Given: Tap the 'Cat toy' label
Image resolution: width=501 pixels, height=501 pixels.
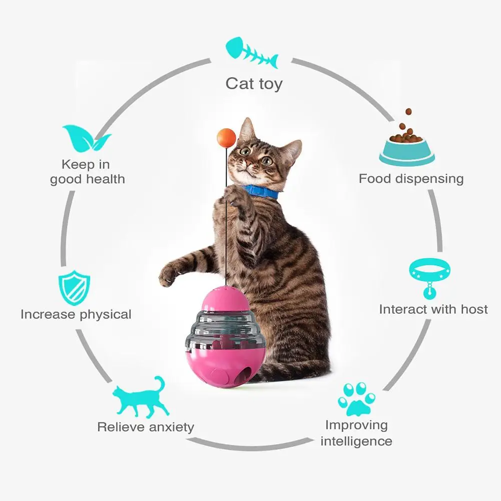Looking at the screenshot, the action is pos(254,84).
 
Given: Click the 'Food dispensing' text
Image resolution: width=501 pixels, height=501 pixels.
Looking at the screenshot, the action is pos(411,179).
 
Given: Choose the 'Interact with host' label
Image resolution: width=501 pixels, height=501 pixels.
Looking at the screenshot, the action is pos(433,309).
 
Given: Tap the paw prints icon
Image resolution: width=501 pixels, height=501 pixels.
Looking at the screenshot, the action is pos(356,399).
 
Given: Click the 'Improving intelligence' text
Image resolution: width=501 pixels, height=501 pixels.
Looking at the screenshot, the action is pos(356,433).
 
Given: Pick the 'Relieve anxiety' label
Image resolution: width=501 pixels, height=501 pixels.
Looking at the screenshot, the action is pos(146,427).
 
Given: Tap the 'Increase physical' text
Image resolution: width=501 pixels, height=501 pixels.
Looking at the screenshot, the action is pos(76,314).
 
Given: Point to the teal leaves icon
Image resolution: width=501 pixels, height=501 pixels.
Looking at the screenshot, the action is pos(86,139).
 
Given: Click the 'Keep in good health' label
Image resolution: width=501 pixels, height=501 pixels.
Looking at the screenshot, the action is pos(87,172).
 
